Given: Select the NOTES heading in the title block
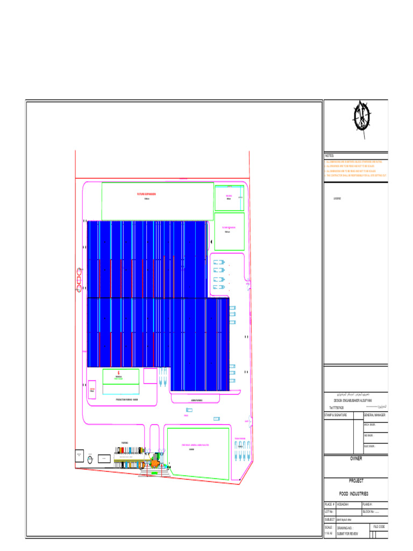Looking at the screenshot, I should point(329,156).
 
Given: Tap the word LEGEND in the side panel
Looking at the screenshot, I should point(337,199).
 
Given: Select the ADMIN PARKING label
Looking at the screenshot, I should point(196,400).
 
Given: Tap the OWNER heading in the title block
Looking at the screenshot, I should point(356,458).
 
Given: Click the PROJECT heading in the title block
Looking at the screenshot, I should point(356,481).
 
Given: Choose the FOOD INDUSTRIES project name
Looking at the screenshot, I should point(353,493).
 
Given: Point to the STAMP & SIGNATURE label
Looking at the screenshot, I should point(336,415).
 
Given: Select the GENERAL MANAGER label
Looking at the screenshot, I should point(374,415).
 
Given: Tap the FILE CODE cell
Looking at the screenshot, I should point(378,526).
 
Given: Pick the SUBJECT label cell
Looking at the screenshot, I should point(329,520).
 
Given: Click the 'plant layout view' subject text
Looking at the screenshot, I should point(345,520).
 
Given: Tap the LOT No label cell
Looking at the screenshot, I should point(329,512).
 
